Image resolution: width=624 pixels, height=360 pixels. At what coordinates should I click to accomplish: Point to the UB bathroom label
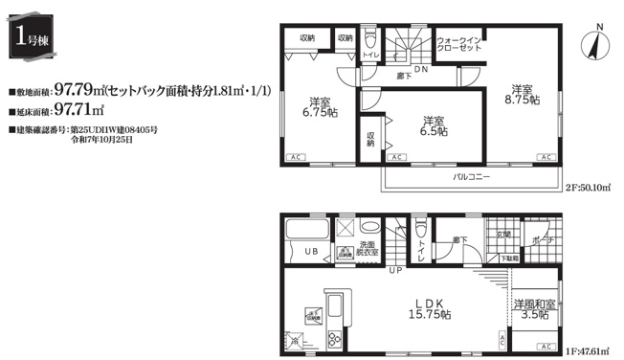311,251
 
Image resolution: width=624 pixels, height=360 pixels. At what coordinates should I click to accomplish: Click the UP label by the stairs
395,271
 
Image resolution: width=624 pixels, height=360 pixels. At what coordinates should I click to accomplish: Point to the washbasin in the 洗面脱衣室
344,230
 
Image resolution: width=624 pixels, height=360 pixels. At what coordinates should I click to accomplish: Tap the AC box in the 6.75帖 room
295,157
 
